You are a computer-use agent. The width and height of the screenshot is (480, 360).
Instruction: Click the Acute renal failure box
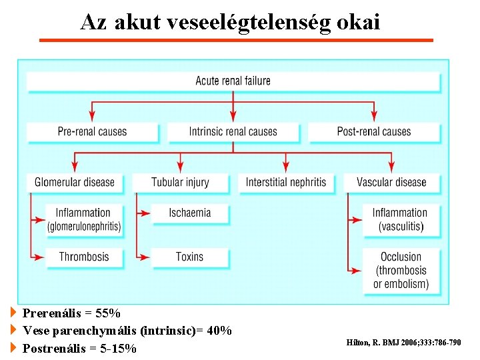(233, 81)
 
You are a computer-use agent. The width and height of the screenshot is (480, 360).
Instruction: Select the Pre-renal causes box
(92, 132)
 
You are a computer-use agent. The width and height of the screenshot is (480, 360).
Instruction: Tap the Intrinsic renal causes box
(233, 132)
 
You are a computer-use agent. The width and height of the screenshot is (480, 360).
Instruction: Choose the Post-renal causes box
(374, 132)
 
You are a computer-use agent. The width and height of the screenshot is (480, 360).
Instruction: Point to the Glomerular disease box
(75, 182)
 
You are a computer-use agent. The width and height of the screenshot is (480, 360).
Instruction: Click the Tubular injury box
(180, 182)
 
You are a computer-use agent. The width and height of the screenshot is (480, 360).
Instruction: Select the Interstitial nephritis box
(286, 182)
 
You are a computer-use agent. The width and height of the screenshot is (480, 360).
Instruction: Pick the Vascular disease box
(391, 182)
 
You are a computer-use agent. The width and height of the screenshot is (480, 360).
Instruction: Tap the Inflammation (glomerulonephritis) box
(83, 219)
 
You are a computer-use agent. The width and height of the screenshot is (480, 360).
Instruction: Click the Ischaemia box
(190, 213)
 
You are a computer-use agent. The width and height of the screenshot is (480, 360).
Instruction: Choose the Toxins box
(190, 257)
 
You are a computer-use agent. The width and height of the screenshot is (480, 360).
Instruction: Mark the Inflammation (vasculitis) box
(400, 219)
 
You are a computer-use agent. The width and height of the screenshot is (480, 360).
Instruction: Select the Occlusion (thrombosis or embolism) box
(401, 270)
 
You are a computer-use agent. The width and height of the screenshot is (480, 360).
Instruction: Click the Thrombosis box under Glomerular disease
(83, 257)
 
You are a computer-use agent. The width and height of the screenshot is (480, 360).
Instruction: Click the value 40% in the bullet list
(219, 331)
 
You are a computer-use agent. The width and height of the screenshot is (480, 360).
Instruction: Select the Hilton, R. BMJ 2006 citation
(403, 343)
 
